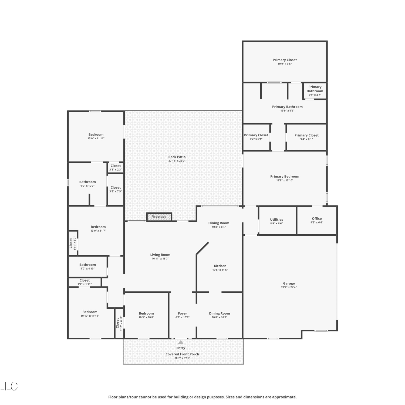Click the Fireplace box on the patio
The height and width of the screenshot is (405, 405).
coord(159,217)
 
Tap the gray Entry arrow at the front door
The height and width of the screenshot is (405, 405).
coord(181,342)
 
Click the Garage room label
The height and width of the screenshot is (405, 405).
coord(289,283)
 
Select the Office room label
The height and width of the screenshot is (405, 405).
coord(317,219)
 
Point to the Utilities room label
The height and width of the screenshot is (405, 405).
coord(276,220)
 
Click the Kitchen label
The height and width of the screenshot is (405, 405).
coord(220,266)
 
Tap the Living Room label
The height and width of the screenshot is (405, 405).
coord(160,255)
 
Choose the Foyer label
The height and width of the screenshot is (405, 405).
coord(183,313)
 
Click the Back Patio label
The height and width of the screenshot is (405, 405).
coord(177,157)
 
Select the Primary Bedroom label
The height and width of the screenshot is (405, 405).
coord(285,177)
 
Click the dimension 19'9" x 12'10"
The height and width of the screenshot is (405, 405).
coord(285,180)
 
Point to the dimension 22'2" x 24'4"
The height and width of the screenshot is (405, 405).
coord(289,287)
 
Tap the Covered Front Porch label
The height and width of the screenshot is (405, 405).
coord(182,354)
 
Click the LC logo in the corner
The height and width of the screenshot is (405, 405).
coord(10,386)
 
